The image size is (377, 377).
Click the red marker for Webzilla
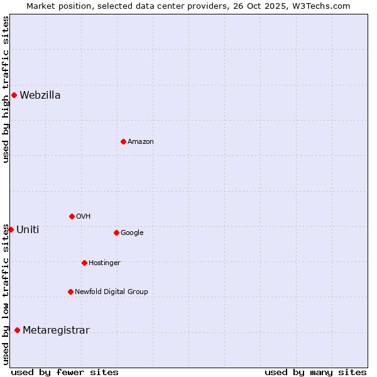point(14,96)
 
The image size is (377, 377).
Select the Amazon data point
point(123,141)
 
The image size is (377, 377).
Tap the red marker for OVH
point(72,216)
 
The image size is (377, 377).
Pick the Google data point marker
point(116,232)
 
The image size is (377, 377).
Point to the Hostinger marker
point(84,263)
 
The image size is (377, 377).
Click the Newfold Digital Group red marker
point(70,292)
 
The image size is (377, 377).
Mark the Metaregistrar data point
point(17,331)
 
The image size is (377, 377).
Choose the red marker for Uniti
point(11,229)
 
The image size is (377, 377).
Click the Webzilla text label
point(40,96)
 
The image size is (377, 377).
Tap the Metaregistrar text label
point(56,331)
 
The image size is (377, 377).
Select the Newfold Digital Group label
point(111,292)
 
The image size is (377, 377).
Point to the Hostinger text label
point(104,263)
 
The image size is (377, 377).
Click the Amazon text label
point(141,141)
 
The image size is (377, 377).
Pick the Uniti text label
point(28,229)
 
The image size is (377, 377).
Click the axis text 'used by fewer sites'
point(65,372)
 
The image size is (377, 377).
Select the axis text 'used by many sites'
point(315,372)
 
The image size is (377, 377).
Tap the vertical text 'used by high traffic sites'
point(6,89)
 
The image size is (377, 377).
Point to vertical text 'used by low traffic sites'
point(6,294)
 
